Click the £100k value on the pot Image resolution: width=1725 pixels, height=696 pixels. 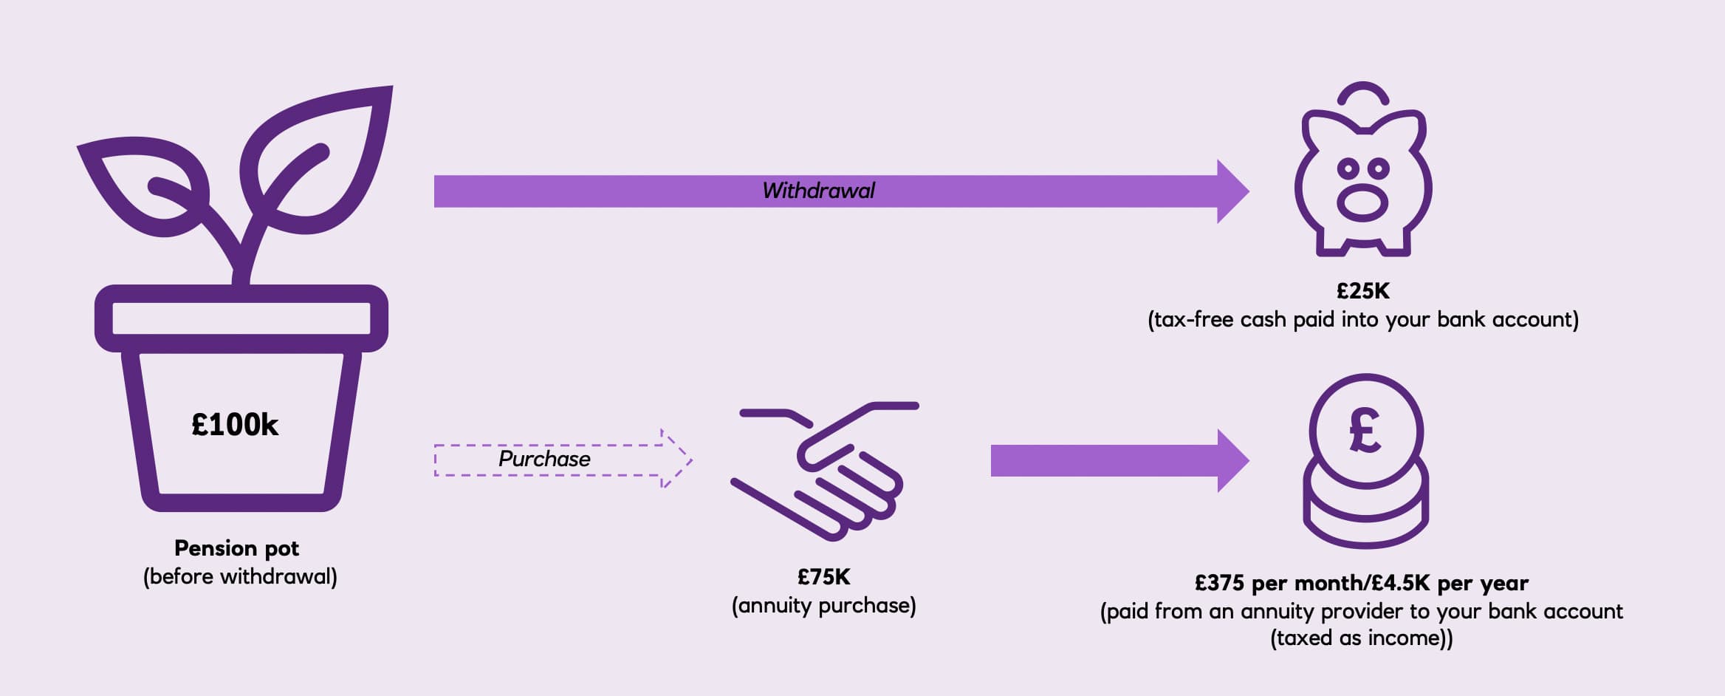click(235, 425)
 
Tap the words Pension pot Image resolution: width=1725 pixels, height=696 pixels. click(236, 548)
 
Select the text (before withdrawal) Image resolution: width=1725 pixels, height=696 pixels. click(240, 576)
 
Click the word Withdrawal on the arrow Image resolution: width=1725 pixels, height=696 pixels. click(818, 191)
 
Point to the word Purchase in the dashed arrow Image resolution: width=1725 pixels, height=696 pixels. click(544, 459)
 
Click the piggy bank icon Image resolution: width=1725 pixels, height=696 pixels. click(1362, 177)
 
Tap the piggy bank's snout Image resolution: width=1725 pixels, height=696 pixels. click(1362, 203)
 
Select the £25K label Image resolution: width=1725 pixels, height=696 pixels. click(1362, 290)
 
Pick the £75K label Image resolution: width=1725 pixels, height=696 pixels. click(823, 576)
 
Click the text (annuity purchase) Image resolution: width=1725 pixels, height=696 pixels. click(823, 606)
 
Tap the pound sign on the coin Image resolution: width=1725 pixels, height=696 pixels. click(1365, 430)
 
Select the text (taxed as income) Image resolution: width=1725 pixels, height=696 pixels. click(1361, 638)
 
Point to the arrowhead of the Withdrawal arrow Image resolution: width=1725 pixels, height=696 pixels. click(1232, 191)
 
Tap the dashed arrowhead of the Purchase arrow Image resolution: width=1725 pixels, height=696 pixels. click(676, 459)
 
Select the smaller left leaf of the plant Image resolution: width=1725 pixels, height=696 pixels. click(144, 185)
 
